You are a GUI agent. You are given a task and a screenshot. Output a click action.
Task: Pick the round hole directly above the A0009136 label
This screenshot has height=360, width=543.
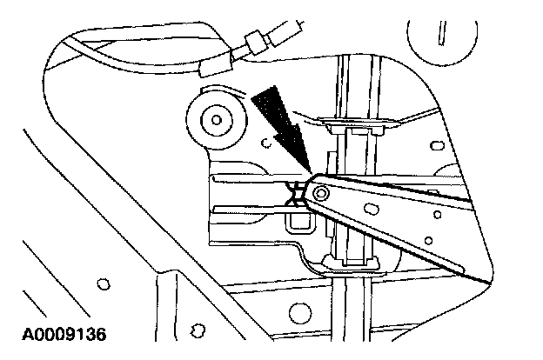click(104, 283)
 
